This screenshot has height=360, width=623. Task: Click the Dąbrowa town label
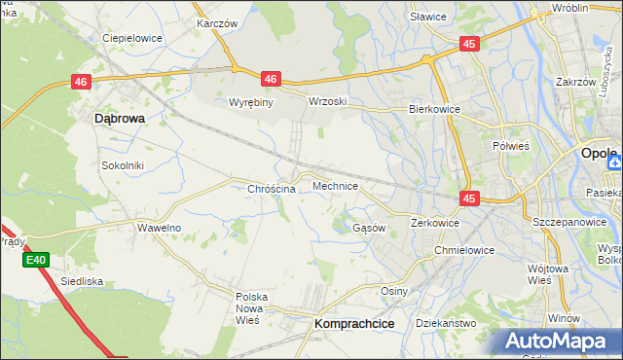120,118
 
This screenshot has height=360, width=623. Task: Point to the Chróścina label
272,189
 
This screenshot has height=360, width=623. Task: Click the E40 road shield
36,260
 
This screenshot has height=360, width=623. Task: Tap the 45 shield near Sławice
470,44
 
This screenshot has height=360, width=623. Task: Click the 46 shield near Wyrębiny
271,79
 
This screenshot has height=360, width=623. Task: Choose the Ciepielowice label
131,39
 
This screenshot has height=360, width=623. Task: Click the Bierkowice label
433,110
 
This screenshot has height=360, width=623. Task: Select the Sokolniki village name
123,165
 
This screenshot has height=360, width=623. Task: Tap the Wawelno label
159,228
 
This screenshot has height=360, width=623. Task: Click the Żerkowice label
434,223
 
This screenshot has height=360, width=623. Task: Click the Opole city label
599,154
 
